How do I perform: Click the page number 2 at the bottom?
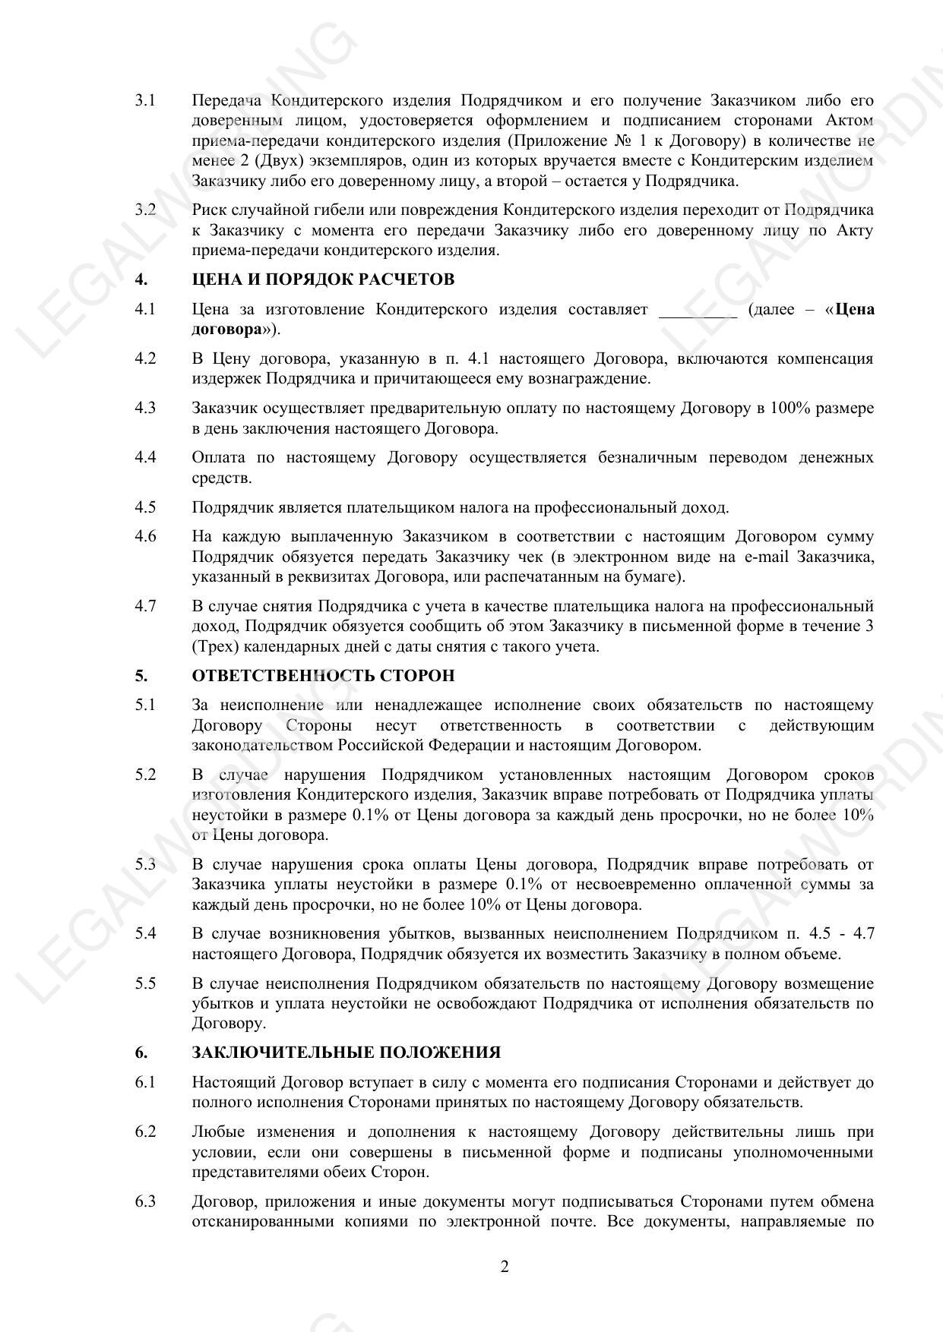click(505, 1267)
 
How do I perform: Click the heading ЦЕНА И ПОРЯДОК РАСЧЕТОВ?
click(323, 279)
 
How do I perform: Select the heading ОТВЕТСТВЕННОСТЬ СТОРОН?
click(323, 675)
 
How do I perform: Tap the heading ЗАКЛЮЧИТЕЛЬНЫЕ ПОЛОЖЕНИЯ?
click(347, 1053)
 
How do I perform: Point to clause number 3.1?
click(145, 100)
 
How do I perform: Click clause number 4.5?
click(145, 507)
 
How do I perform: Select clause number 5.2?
click(145, 775)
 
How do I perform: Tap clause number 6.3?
click(145, 1201)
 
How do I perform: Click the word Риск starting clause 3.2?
click(209, 210)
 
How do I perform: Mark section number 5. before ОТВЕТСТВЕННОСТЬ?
click(141, 675)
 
